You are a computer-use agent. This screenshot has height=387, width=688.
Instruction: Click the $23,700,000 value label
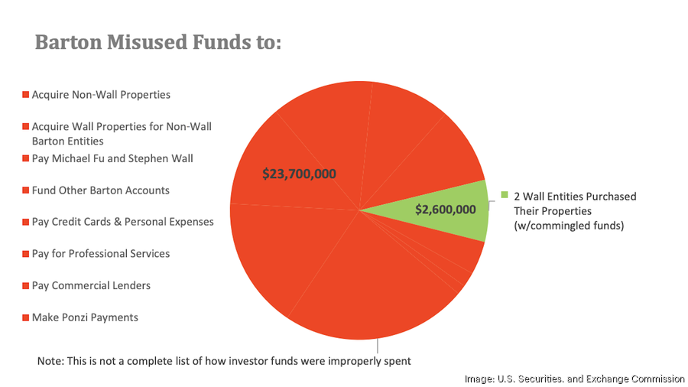coord(299,174)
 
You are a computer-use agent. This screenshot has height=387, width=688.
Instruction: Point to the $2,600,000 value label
coord(446,209)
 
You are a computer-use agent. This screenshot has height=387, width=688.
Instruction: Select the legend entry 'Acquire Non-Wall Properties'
coord(100,95)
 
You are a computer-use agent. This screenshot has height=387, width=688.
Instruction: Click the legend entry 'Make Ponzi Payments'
coord(84,317)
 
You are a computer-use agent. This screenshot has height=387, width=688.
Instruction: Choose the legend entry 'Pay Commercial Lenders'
coord(90,285)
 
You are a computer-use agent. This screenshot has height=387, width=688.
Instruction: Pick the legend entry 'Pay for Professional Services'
coord(100,253)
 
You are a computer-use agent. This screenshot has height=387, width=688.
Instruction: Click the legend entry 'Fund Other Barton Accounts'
coord(100,190)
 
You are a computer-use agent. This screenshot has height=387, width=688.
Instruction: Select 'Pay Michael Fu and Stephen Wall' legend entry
coord(112,158)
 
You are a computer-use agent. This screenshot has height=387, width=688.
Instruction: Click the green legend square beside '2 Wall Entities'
coord(505,196)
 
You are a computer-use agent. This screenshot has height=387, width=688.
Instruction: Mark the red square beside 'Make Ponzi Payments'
coord(25,317)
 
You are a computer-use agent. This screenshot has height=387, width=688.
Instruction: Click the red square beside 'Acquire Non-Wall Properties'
coord(25,96)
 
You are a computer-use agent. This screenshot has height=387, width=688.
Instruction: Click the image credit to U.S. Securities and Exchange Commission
coord(575,379)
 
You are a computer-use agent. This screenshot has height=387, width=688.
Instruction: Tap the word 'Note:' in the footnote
coord(51,360)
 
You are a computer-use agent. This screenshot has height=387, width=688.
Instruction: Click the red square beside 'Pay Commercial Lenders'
coord(25,286)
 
